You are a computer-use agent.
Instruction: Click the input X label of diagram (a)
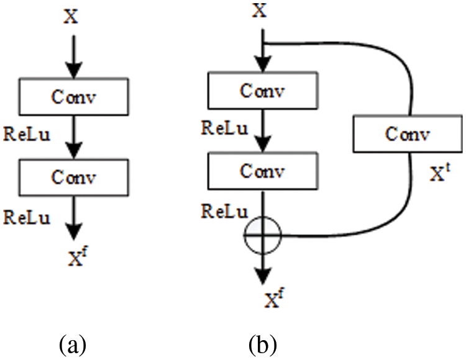pos(71,16)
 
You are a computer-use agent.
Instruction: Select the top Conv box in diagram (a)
pos(74,97)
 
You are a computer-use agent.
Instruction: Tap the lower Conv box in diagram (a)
pos(74,178)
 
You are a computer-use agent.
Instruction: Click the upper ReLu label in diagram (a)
pos(27,134)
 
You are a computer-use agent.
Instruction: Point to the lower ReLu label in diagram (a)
pos(27,217)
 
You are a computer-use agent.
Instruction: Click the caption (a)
pos(73,344)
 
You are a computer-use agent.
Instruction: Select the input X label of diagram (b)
pos(260,11)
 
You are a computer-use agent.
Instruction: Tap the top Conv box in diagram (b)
pos(263,90)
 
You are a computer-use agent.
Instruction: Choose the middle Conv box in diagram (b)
pos(263,171)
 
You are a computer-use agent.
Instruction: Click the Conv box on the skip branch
pos(408,133)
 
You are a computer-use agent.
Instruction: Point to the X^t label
pos(441,173)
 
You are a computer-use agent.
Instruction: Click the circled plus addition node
pos(262,235)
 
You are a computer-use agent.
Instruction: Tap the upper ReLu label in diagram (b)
pos(225,128)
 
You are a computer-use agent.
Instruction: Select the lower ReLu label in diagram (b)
pos(225,211)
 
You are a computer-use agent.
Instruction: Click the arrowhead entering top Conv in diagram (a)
pos(74,70)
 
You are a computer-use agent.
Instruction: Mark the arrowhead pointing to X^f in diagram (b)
pos(263,276)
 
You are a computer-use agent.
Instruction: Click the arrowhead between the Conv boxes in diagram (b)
pos(263,143)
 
